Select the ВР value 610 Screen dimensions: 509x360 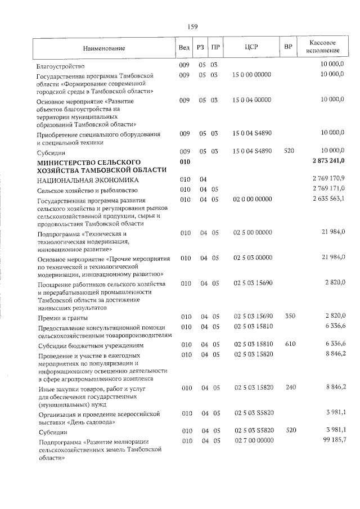click(x=290, y=344)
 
